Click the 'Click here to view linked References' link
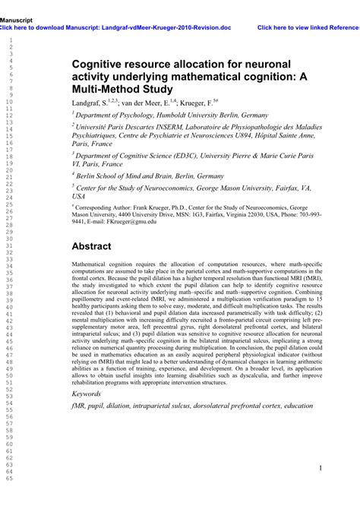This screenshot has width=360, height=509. [x=308, y=27]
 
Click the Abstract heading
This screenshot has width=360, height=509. [x=91, y=247]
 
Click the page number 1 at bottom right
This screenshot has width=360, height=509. [x=321, y=468]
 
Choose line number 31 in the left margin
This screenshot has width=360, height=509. [x=10, y=245]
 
